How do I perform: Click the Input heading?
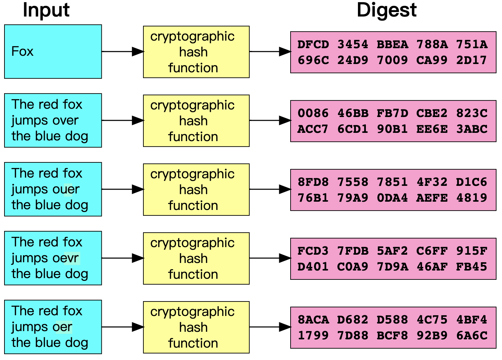46,10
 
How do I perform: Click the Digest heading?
386,10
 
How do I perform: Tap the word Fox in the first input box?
22,51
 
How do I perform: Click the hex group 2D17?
472,60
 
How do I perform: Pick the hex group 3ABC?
472,129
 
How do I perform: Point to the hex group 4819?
472,198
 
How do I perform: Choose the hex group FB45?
472,267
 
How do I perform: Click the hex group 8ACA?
313,320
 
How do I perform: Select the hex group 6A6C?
472,336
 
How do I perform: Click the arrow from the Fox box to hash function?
122,52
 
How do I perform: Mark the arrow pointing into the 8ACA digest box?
270,327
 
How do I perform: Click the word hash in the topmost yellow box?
193,52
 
